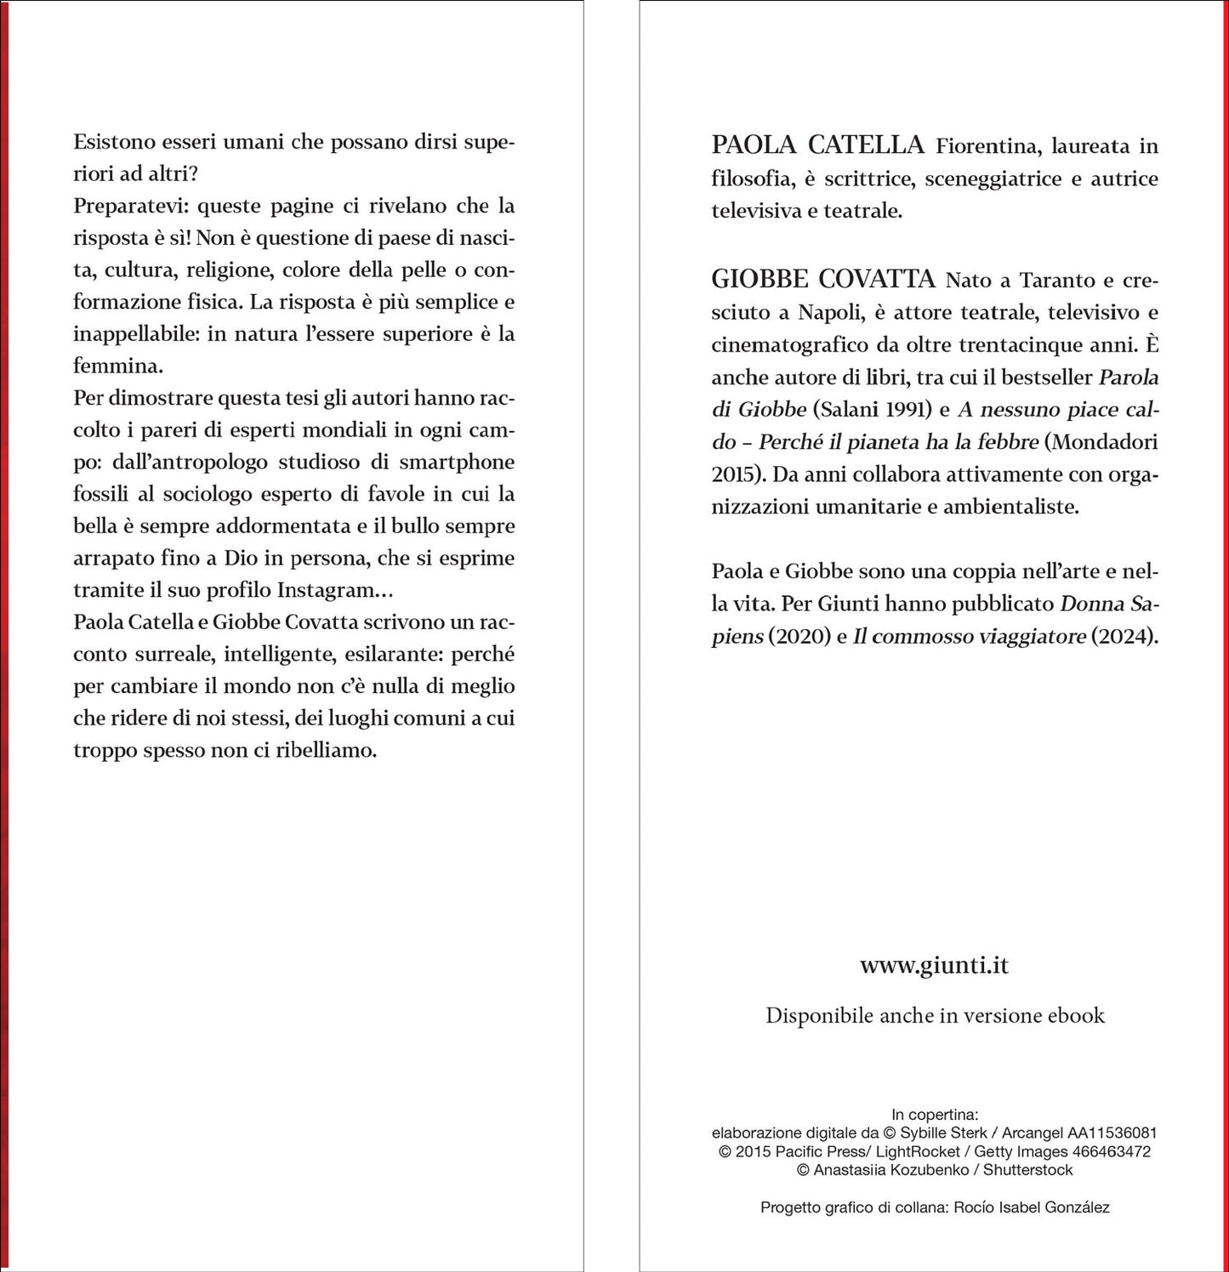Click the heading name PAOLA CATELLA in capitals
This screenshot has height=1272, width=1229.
pyautogui.click(x=817, y=145)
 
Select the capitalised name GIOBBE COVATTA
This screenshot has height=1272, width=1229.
pyautogui.click(x=822, y=279)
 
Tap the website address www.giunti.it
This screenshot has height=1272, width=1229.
pyautogui.click(x=934, y=965)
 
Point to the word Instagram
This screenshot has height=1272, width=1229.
pyautogui.click(x=326, y=590)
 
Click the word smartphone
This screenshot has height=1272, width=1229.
pyautogui.click(x=457, y=462)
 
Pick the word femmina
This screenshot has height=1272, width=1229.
pyautogui.click(x=117, y=366)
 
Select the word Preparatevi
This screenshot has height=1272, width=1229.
pyautogui.click(x=131, y=206)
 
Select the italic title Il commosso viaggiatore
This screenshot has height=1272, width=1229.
pyautogui.click(x=969, y=636)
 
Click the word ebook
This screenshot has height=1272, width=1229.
pyautogui.click(x=1076, y=1015)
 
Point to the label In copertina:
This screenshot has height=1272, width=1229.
pyautogui.click(x=934, y=1114)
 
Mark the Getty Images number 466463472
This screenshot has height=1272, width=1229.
pyautogui.click(x=1112, y=1151)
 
